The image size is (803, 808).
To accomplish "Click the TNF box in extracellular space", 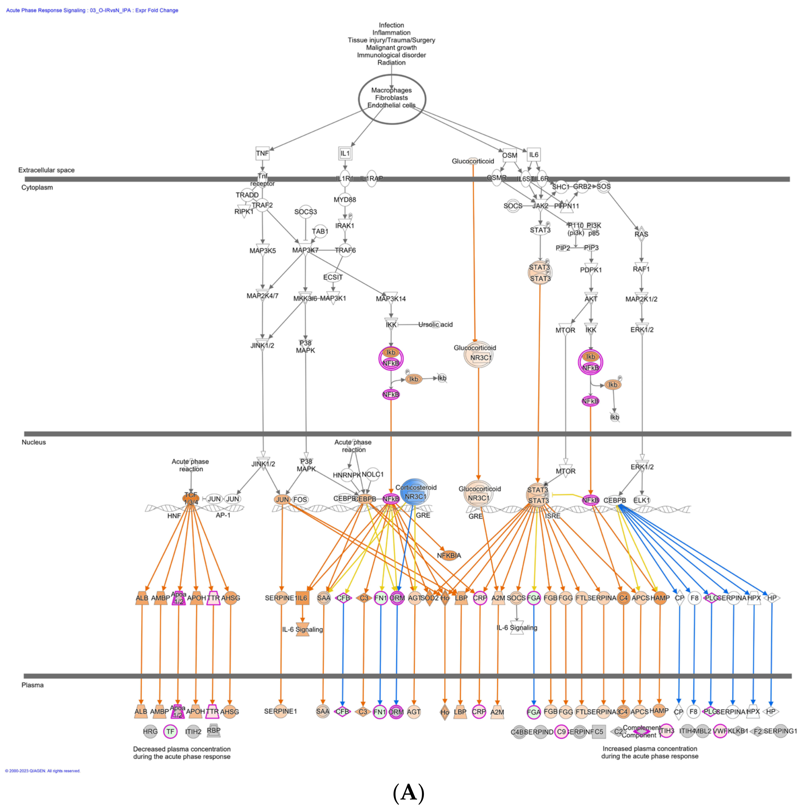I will (262, 153).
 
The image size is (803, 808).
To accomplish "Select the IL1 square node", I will (345, 153).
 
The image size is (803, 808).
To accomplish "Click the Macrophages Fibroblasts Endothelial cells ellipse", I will (392, 99).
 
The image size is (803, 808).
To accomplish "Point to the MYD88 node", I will (345, 200).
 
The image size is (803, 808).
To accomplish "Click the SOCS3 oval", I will (306, 212).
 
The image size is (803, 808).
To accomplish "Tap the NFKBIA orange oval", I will (449, 555).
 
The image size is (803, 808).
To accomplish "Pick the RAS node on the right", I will (641, 234).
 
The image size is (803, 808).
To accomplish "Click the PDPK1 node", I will (591, 270).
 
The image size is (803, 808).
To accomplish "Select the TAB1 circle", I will (320, 231).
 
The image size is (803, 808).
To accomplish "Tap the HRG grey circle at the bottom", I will (150, 731).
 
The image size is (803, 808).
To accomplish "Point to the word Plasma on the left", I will (33, 685).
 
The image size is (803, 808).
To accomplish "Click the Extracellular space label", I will (46, 170).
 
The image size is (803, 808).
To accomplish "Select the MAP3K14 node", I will (391, 299).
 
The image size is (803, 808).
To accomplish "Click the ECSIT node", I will (333, 277).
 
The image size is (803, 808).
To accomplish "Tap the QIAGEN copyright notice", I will (43, 771).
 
